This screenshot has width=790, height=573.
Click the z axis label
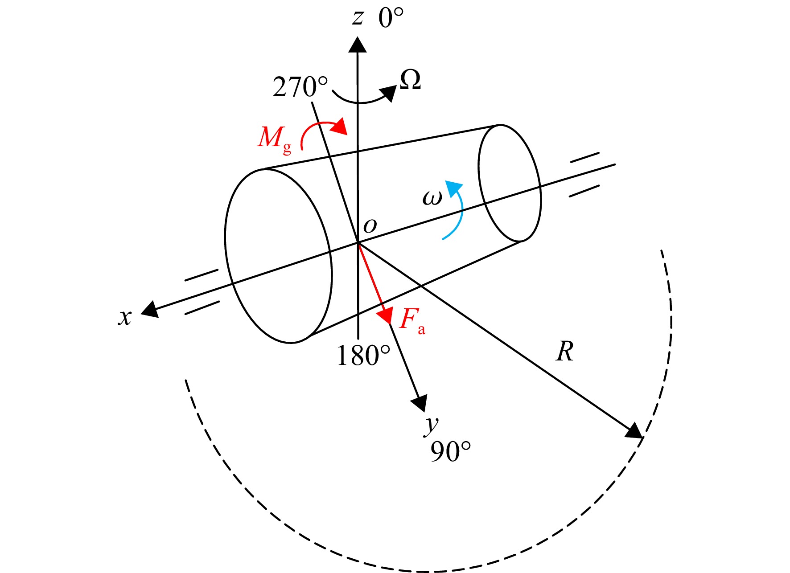pos(358,18)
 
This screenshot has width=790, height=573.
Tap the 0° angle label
pos(391,18)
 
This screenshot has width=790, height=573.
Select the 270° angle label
pos(300,87)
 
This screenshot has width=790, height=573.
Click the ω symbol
pos(432,198)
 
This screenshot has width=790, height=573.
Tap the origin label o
pos(370,226)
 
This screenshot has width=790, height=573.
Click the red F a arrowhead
pos(385,315)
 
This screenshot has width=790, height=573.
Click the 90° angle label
pos(450,451)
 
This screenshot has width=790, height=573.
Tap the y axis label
pos(432,426)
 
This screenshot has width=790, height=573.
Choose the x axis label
pos(125,318)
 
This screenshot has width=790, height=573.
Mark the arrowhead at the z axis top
pos(358,45)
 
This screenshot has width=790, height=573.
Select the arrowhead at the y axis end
pos(420,403)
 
